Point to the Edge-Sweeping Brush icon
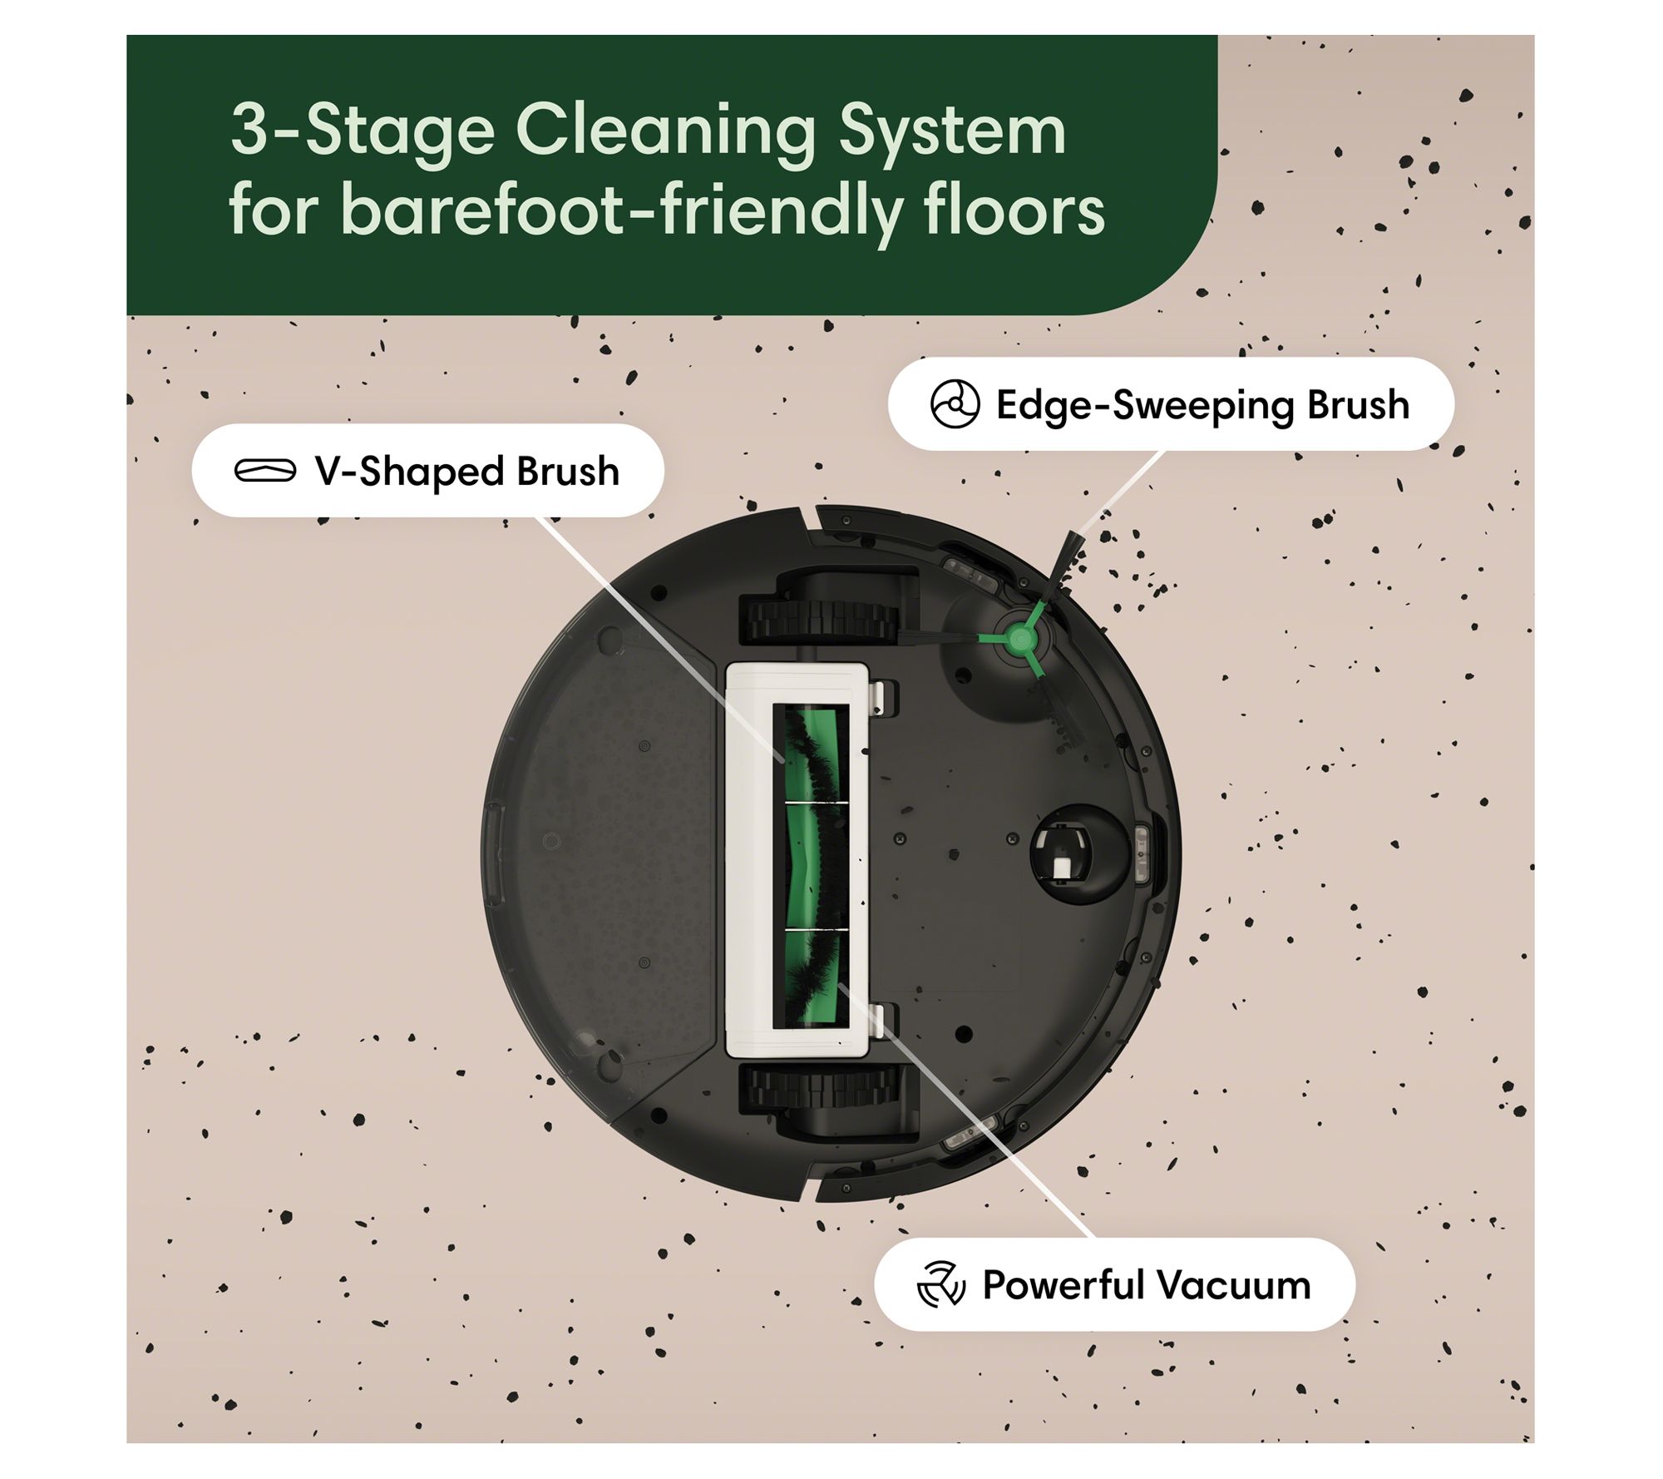tap(955, 404)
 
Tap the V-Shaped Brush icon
tap(265, 471)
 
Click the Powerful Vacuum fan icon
tap(941, 1285)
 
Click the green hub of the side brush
tap(1019, 638)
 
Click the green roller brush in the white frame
tap(811, 865)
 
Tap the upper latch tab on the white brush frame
tap(883, 697)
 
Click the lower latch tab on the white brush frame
tap(883, 1021)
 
